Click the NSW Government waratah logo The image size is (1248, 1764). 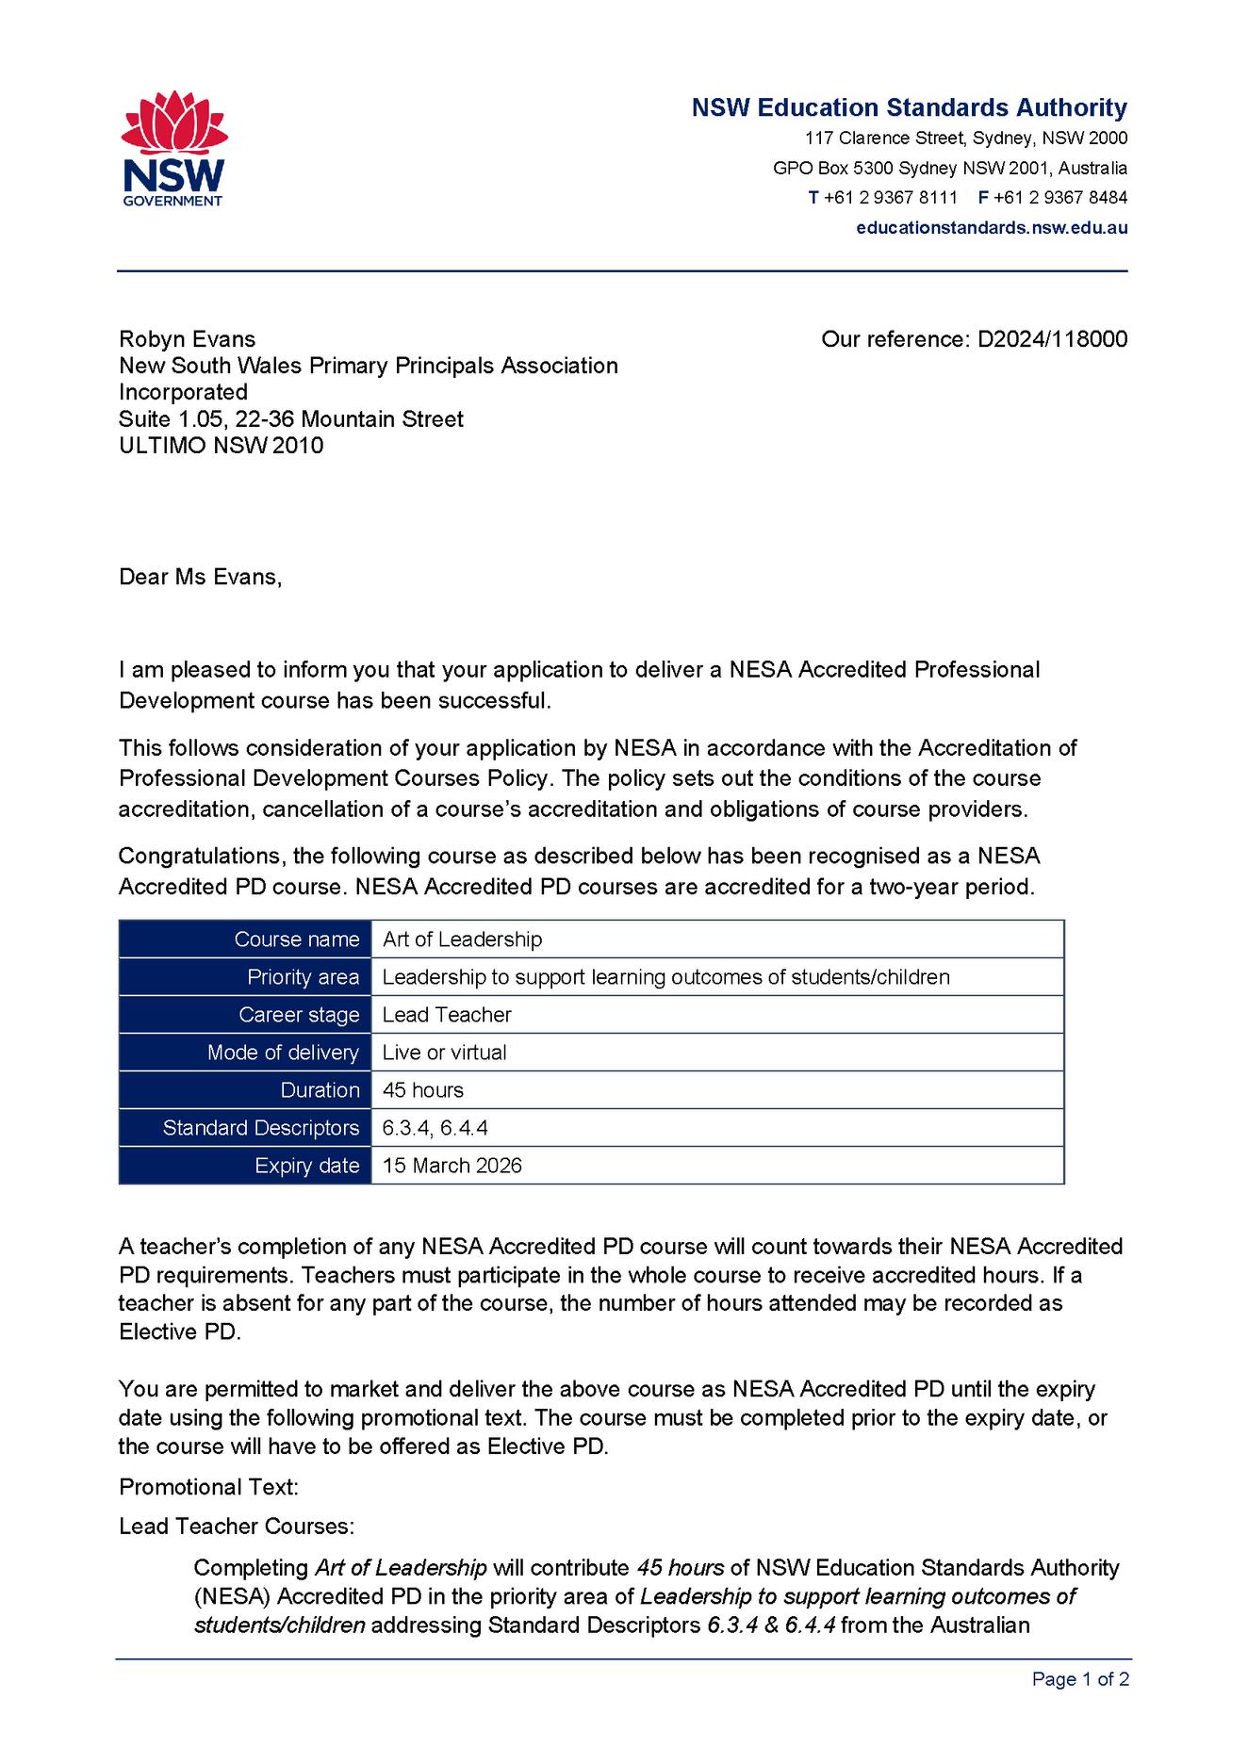point(173,147)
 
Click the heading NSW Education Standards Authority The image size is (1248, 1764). point(909,107)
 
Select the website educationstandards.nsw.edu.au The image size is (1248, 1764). point(992,227)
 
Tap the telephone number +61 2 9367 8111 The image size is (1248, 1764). point(890,198)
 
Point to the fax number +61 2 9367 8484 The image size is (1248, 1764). point(1060,198)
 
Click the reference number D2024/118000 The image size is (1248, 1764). point(1052,339)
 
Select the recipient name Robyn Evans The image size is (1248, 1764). point(187,339)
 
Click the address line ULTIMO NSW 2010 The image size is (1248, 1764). point(221,445)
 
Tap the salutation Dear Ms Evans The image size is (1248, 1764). point(200,577)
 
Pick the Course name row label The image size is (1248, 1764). point(296,939)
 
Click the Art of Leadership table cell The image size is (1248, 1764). point(462,939)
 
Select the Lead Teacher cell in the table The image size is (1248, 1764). point(447,1015)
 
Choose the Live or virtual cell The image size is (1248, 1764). point(444,1053)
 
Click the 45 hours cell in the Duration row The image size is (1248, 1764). point(423,1090)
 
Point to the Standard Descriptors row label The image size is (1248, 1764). point(261,1128)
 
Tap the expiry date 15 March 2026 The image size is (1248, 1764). point(452,1166)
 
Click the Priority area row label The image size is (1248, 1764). point(303,977)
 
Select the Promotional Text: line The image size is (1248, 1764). point(208,1487)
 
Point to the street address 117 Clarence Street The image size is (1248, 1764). point(884,139)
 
